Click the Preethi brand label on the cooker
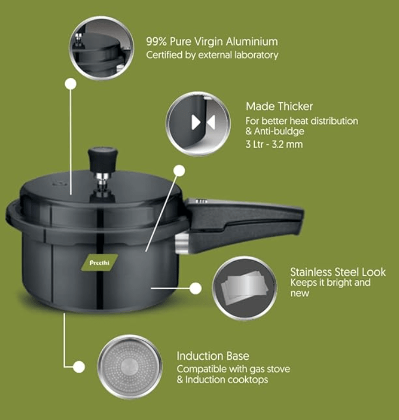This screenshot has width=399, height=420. click(x=96, y=263)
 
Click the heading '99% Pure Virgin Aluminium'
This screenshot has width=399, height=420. click(x=212, y=41)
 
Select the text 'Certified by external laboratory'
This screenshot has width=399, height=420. click(x=212, y=55)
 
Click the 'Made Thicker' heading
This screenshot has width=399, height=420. click(x=279, y=106)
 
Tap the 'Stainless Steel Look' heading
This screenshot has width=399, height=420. click(x=338, y=272)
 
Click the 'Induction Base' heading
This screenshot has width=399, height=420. click(x=213, y=356)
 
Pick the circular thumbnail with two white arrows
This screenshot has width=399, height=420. click(x=198, y=124)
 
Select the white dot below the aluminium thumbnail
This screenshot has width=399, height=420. click(x=69, y=84)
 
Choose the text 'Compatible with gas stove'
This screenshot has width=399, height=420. click(x=233, y=369)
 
